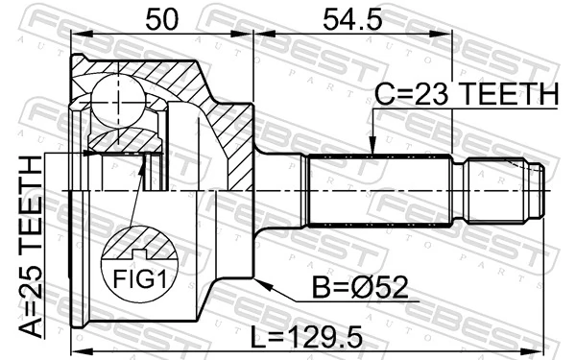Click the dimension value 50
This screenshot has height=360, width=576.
[x=162, y=17]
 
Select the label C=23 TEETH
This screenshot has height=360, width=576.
[x=465, y=95]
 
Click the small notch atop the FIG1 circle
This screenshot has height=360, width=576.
[x=141, y=253]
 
